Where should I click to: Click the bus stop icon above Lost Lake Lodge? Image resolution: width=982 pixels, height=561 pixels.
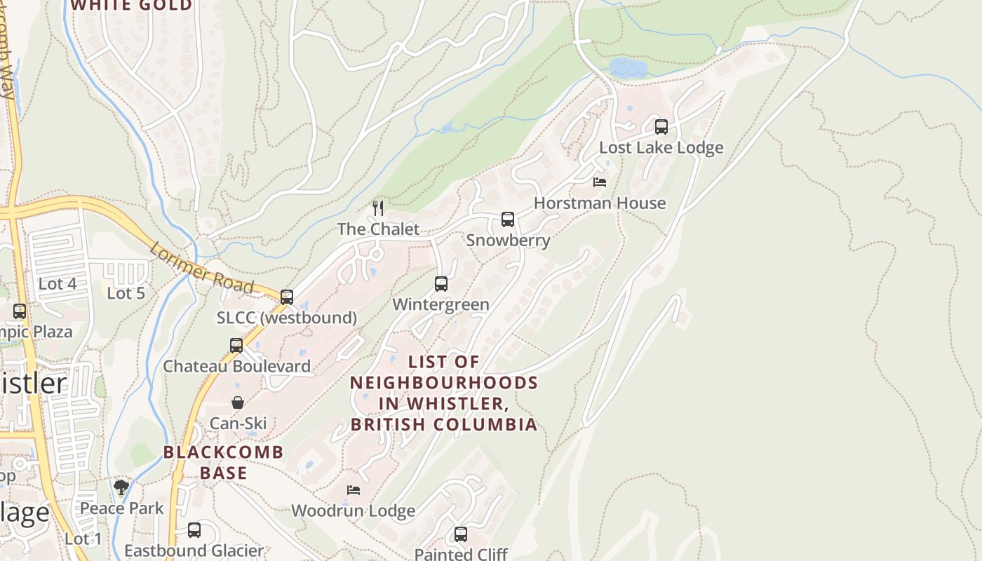661,127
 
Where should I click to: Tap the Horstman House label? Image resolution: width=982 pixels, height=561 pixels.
600,203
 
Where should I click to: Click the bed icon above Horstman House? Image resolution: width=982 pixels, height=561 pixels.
600,182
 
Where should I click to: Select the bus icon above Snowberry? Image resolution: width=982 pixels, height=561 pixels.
508,219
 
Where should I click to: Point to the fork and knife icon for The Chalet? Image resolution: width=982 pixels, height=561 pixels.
378,208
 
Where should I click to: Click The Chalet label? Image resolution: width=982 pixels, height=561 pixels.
378,229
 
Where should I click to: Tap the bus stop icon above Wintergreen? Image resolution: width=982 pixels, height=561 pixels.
441,284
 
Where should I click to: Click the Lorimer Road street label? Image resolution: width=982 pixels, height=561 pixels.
201,269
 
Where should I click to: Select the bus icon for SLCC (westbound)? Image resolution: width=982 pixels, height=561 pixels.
287,297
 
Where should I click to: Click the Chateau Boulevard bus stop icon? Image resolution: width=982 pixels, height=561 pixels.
236,346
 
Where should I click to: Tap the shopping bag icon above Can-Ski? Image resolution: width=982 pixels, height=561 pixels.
238,403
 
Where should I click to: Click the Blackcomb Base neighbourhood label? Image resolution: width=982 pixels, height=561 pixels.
223,462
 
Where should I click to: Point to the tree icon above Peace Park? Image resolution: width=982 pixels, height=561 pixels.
121,487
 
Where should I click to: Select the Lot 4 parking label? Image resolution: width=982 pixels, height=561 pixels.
58,284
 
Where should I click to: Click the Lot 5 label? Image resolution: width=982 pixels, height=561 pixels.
126,293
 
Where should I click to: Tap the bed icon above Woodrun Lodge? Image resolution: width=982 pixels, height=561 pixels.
354,489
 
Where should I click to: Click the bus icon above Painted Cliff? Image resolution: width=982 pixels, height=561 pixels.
461,534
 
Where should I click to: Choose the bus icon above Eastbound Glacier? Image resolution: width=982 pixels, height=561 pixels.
194,530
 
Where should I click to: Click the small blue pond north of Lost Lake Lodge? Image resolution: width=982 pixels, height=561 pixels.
628,68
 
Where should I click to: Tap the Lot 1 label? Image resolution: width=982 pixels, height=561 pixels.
83,539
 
